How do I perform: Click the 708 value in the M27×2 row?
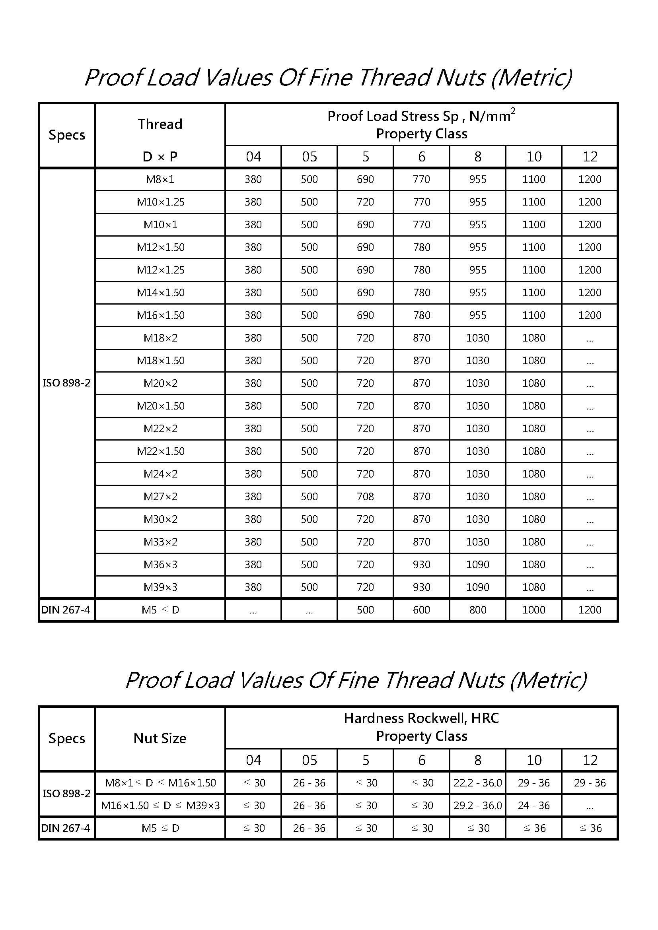pyautogui.click(x=365, y=497)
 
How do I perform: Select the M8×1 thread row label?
pyautogui.click(x=160, y=179)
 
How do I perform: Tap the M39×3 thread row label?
pyautogui.click(x=160, y=587)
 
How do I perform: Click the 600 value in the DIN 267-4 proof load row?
pyautogui.click(x=421, y=610)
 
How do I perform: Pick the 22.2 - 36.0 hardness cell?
pyautogui.click(x=477, y=783)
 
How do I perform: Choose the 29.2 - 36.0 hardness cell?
pyautogui.click(x=477, y=806)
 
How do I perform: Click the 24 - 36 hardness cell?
pyautogui.click(x=533, y=806)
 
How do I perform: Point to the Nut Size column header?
pyautogui.click(x=160, y=738)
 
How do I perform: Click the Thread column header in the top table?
pyautogui.click(x=160, y=124)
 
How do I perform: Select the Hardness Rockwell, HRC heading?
pyautogui.click(x=421, y=718)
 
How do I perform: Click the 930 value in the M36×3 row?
pyautogui.click(x=421, y=565)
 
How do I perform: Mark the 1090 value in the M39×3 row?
pyautogui.click(x=477, y=587)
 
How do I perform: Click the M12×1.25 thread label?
pyautogui.click(x=160, y=270)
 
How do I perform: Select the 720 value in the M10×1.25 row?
pyautogui.click(x=365, y=202)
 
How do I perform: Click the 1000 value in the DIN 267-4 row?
pyautogui.click(x=533, y=610)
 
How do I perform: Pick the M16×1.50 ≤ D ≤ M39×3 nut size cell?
pyautogui.click(x=160, y=806)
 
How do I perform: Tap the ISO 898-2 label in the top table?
pyautogui.click(x=66, y=383)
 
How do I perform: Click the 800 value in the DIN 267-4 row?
pyautogui.click(x=477, y=610)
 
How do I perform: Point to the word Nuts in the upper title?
pyautogui.click(x=460, y=78)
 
